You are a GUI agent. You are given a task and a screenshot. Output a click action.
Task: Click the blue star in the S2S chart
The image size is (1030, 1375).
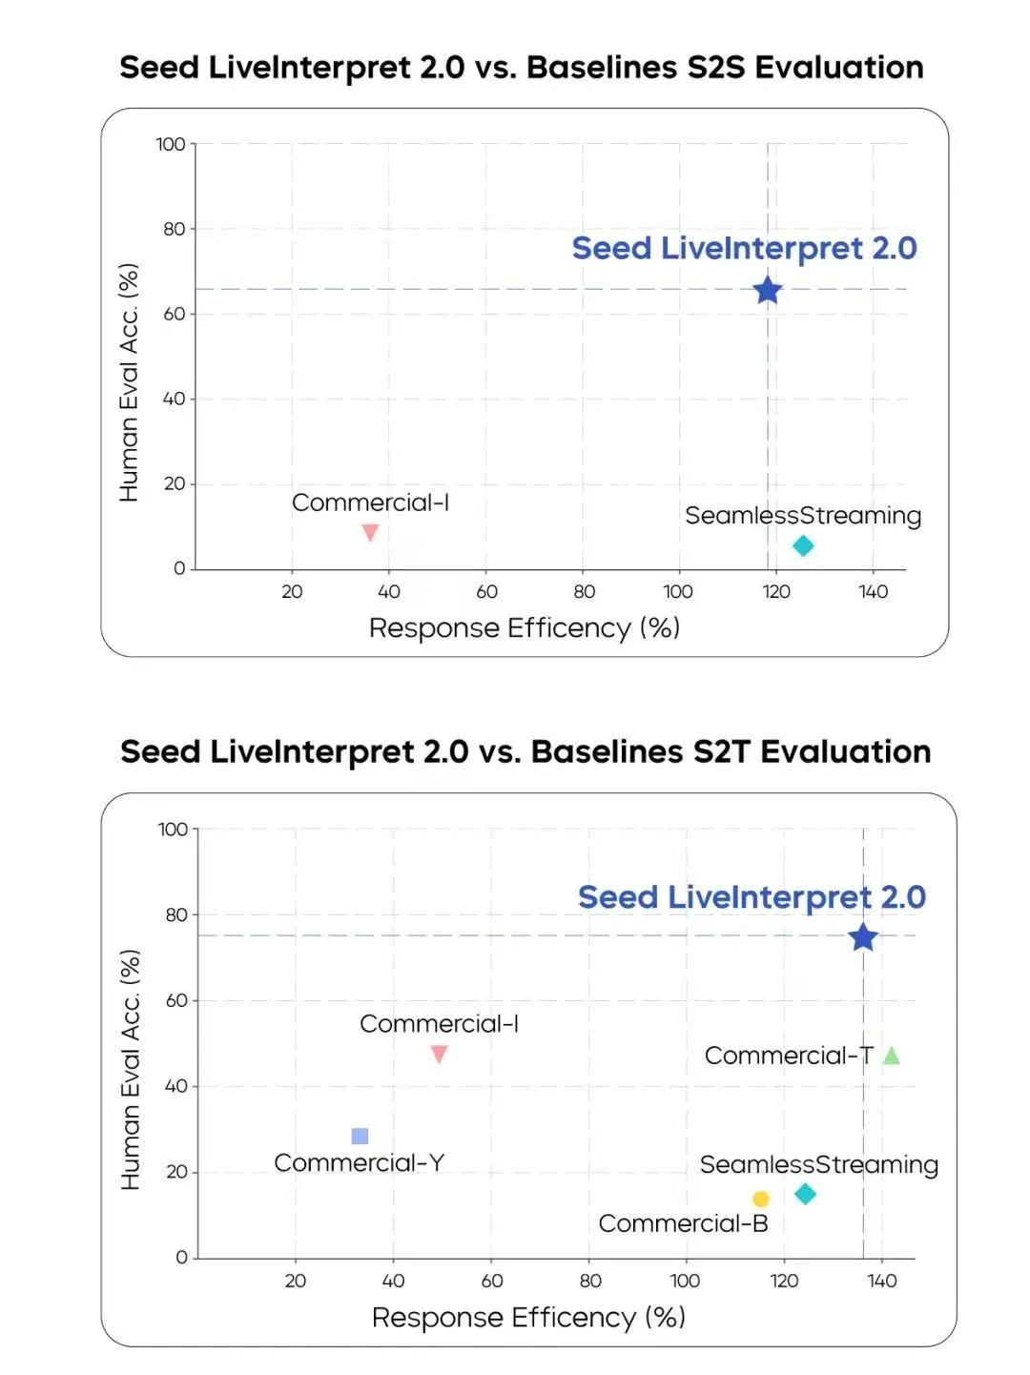pyautogui.click(x=768, y=290)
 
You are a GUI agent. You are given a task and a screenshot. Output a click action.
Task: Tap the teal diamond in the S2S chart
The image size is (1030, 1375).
pyautogui.click(x=803, y=545)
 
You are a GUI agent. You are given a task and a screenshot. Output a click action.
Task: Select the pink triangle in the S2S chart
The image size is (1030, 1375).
pyautogui.click(x=370, y=532)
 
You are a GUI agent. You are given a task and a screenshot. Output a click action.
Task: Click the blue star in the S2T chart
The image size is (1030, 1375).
pyautogui.click(x=863, y=937)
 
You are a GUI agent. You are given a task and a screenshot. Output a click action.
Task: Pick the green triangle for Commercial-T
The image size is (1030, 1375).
pyautogui.click(x=892, y=1056)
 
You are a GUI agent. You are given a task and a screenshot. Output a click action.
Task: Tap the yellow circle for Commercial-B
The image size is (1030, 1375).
pyautogui.click(x=760, y=1199)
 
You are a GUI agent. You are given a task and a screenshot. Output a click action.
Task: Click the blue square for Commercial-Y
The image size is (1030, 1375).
pyautogui.click(x=360, y=1136)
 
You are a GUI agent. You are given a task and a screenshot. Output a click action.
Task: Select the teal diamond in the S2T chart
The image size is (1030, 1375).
pyautogui.click(x=805, y=1194)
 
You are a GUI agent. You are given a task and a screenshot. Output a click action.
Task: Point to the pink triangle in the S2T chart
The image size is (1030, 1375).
pyautogui.click(x=439, y=1054)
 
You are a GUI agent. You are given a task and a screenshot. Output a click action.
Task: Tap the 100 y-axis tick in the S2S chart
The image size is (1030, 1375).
pyautogui.click(x=171, y=144)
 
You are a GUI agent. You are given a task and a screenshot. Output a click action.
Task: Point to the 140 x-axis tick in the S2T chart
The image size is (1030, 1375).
pyautogui.click(x=882, y=1281)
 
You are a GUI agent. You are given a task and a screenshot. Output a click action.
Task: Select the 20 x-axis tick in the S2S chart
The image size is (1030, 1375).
pyautogui.click(x=292, y=591)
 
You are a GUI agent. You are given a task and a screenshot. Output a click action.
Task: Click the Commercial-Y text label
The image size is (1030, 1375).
pyautogui.click(x=359, y=1163)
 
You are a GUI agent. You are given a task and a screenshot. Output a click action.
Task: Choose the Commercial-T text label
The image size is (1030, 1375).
pyautogui.click(x=789, y=1056)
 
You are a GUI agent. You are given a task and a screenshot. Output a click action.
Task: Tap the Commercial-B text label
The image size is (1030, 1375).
pyautogui.click(x=683, y=1223)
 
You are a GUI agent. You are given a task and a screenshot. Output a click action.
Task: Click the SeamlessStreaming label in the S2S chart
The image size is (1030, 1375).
pyautogui.click(x=803, y=516)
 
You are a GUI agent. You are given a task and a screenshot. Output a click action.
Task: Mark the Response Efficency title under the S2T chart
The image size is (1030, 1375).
pyautogui.click(x=528, y=1317)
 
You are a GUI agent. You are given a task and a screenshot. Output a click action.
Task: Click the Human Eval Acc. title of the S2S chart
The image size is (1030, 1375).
pyautogui.click(x=129, y=381)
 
